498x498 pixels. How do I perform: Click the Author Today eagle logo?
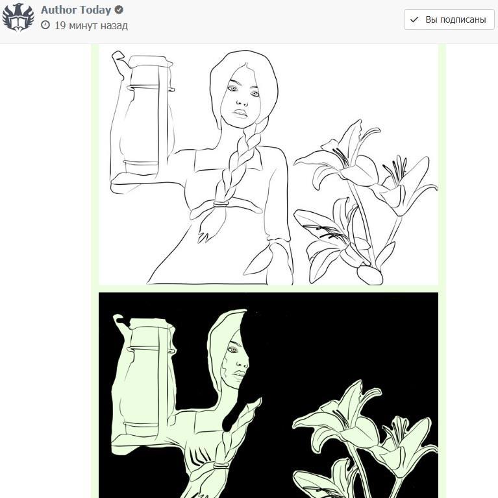pyautogui.click(x=18, y=18)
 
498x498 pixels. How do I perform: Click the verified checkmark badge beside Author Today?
pyautogui.click(x=119, y=10)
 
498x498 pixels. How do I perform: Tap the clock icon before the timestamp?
pyautogui.click(x=45, y=25)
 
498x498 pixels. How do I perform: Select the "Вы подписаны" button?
pyautogui.click(x=449, y=19)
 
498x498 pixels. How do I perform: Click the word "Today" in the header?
pyautogui.click(x=95, y=10)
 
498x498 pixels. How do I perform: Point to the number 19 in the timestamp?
pyautogui.click(x=60, y=25)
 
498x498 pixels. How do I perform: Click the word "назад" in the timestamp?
pyautogui.click(x=114, y=26)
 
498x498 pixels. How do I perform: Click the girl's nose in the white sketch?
pyautogui.click(x=242, y=102)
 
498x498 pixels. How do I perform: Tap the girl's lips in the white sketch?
pyautogui.click(x=241, y=113)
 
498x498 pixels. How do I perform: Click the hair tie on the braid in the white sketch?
pyautogui.click(x=221, y=204)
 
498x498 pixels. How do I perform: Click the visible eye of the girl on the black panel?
pyautogui.click(x=233, y=350)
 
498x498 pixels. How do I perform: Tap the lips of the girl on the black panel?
pyautogui.click(x=240, y=375)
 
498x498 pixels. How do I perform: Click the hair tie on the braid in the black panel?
pyautogui.click(x=221, y=466)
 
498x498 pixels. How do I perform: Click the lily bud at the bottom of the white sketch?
pyautogui.click(x=369, y=274)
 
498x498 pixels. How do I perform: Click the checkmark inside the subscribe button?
pyautogui.click(x=414, y=19)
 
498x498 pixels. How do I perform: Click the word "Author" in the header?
pyautogui.click(x=59, y=10)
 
